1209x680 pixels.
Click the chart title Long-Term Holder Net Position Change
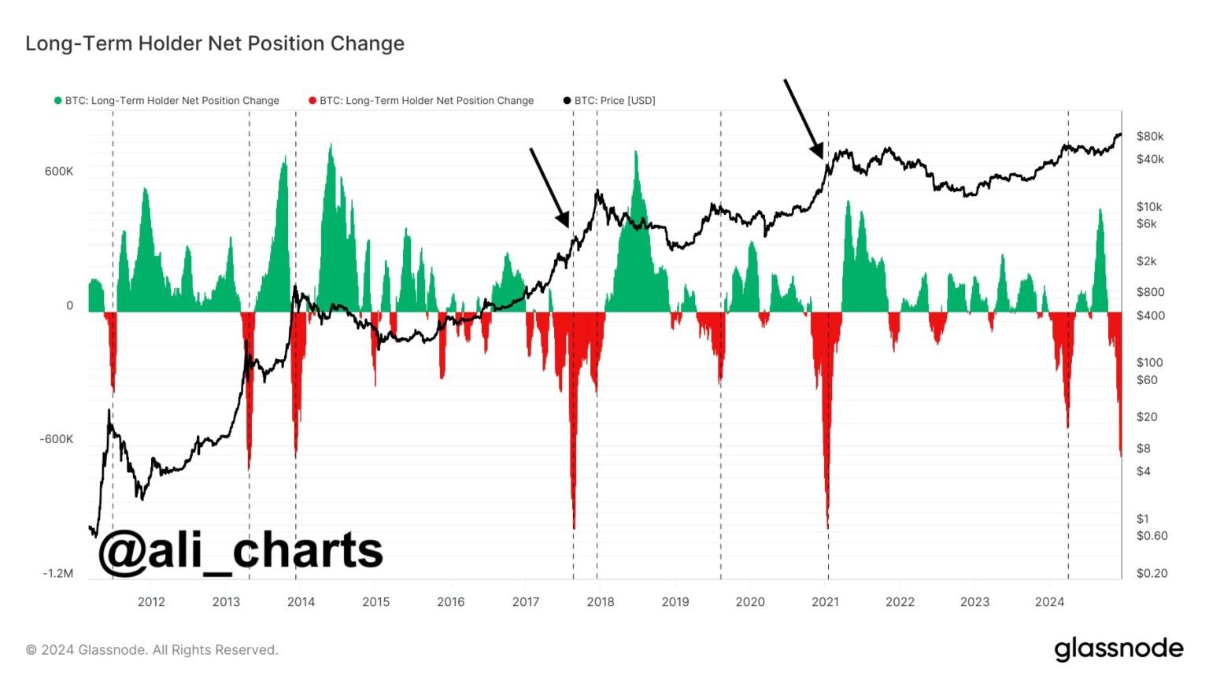pos(215,43)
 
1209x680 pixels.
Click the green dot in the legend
pos(57,101)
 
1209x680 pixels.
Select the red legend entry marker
pos(312,101)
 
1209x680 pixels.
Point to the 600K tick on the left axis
pos(59,172)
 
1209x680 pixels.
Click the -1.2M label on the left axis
pos(57,574)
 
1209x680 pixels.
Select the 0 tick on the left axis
pos(69,305)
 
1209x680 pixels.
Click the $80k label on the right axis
pos(1149,136)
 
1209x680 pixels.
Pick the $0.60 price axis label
pos(1152,536)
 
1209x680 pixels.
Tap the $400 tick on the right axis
pos(1150,316)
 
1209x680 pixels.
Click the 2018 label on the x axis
pos(601,602)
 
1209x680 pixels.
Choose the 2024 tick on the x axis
pos(1049,602)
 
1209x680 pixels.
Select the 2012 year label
pos(151,602)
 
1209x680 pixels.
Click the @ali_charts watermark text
pos(240,550)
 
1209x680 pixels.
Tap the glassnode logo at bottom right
pos(1118,649)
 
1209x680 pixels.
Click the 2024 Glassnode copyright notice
pos(152,650)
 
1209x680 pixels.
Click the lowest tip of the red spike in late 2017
pos(574,528)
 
